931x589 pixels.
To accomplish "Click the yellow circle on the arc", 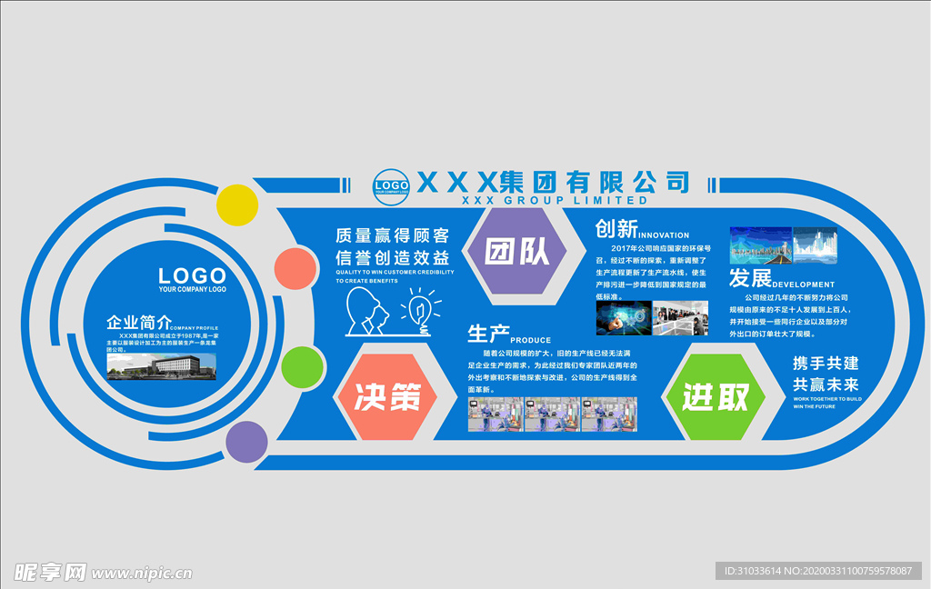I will tap(238, 205).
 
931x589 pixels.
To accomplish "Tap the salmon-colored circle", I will tap(295, 268).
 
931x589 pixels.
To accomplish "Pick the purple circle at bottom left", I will tap(246, 443).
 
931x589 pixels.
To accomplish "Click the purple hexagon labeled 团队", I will tap(516, 252).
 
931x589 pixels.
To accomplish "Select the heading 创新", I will tap(616, 228).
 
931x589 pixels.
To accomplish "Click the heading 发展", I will tap(750, 278).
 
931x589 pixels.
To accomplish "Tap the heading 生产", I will tap(488, 334).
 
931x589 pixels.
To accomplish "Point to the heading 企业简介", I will tap(138, 323).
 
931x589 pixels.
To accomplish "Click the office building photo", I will tap(162, 365).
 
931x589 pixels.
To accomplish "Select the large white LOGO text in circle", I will tap(192, 275).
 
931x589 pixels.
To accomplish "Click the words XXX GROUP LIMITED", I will tap(555, 200).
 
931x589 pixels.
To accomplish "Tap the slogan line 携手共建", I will tap(826, 363).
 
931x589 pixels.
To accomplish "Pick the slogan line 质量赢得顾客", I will tap(393, 235).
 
